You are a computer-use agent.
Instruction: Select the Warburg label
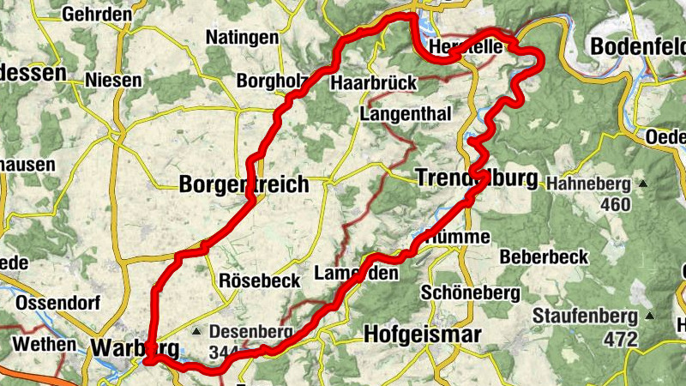(x=135, y=348)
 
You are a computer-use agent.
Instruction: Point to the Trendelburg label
(x=476, y=178)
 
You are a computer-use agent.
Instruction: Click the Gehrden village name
(x=97, y=15)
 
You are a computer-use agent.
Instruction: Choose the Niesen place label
(x=113, y=80)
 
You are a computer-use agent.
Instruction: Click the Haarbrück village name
(x=373, y=83)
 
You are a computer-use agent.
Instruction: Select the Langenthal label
(x=404, y=113)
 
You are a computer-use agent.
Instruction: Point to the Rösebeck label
(x=260, y=280)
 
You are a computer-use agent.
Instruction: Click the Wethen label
(x=39, y=345)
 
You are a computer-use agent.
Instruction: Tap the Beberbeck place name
(x=544, y=256)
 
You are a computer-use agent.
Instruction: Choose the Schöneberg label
(x=471, y=293)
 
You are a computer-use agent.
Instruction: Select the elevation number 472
(x=620, y=340)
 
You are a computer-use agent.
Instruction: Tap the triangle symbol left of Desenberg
(x=196, y=329)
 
